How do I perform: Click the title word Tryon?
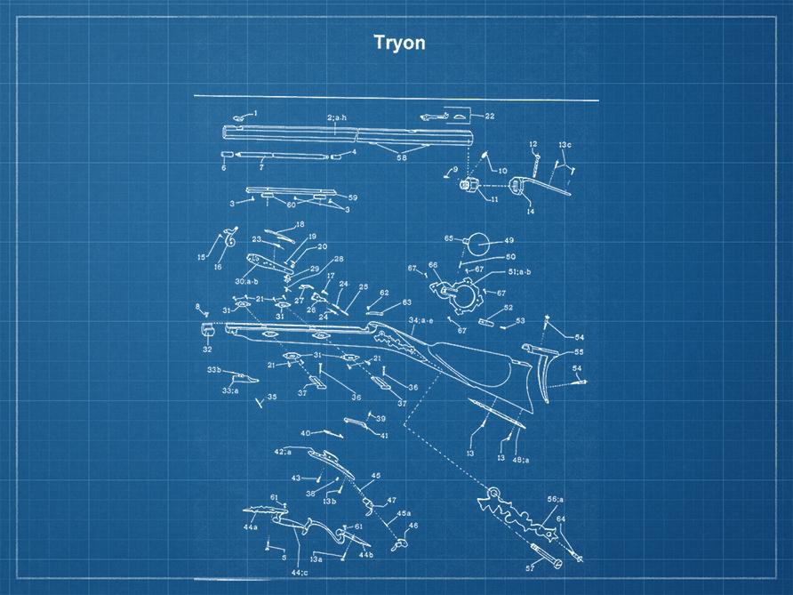(399, 43)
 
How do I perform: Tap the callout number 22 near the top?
(489, 117)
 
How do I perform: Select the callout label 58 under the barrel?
(402, 157)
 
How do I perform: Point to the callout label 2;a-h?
(337, 117)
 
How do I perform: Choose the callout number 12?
(533, 144)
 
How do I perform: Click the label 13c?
(565, 145)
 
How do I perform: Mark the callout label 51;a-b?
(519, 272)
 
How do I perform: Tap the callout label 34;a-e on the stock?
(421, 320)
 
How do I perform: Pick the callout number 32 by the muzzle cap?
(207, 350)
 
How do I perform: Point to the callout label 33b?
(214, 370)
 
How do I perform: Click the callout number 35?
(272, 398)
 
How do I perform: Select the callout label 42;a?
(283, 452)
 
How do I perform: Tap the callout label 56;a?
(556, 499)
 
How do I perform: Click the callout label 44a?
(251, 527)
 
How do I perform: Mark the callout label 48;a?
(521, 460)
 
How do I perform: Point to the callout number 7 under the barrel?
(261, 166)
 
